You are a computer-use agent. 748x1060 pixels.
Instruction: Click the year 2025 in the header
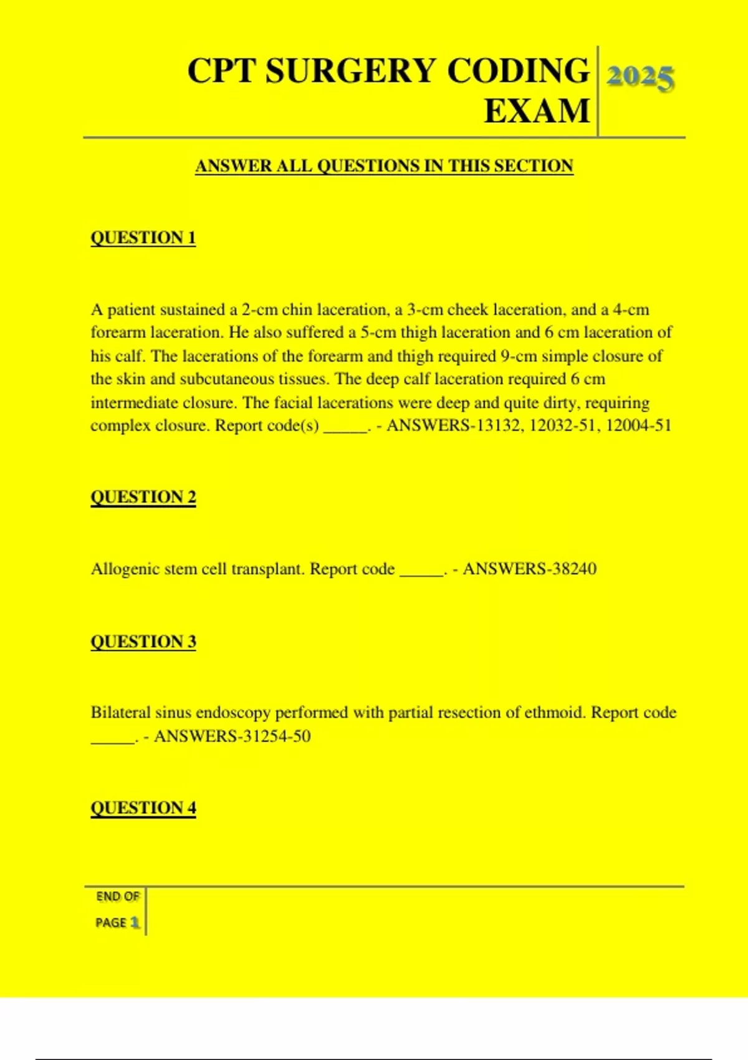pos(640,78)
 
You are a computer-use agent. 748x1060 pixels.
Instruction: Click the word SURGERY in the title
pos(350,70)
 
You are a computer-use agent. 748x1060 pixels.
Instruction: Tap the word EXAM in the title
pos(537,111)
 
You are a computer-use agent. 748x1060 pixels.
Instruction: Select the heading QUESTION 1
pos(143,238)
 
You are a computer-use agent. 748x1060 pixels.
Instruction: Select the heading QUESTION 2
pos(143,497)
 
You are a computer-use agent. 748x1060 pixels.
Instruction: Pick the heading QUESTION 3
pos(143,642)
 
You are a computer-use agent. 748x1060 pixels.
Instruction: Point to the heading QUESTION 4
pos(143,808)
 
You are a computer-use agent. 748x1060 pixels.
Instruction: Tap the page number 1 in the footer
pos(135,922)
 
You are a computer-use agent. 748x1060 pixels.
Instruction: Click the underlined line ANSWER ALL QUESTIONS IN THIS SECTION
pos(384,166)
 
